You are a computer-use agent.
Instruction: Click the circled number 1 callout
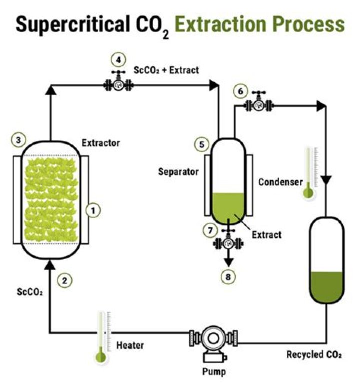tap(93, 211)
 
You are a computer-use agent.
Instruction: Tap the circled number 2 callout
tap(63, 280)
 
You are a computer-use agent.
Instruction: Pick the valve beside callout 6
tap(259, 105)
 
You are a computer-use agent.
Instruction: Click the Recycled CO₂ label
tap(313, 355)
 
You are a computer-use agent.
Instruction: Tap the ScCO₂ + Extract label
tap(166, 70)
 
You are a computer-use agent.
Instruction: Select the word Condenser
tap(280, 182)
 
